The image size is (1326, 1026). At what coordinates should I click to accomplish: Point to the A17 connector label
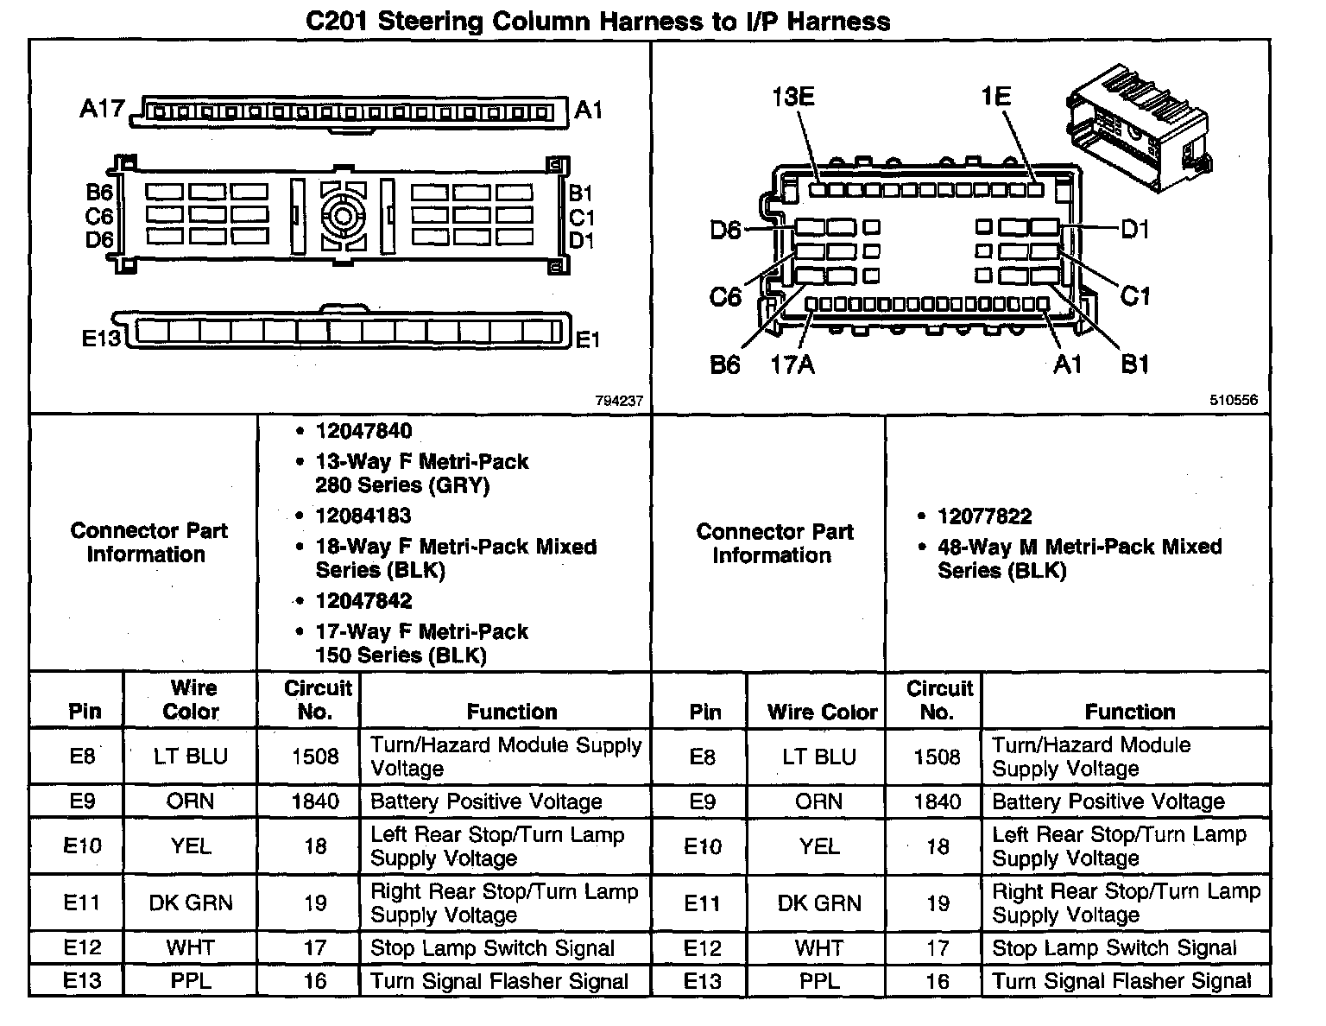click(102, 110)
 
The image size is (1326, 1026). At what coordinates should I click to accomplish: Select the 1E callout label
click(995, 96)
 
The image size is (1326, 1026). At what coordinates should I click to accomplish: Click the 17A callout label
click(792, 365)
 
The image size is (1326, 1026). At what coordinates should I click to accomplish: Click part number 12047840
click(363, 431)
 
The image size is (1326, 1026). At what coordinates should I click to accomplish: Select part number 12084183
click(363, 516)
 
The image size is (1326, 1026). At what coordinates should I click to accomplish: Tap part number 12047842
click(363, 600)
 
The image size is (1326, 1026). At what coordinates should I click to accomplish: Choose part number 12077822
click(985, 516)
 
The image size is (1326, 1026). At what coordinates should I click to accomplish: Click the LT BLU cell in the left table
click(190, 757)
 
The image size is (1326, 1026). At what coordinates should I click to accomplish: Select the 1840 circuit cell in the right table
click(937, 801)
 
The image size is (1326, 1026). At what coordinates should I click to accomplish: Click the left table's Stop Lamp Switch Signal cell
click(492, 948)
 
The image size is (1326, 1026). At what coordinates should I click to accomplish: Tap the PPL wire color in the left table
click(190, 981)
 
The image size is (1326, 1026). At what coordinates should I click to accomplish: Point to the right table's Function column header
click(1129, 712)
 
